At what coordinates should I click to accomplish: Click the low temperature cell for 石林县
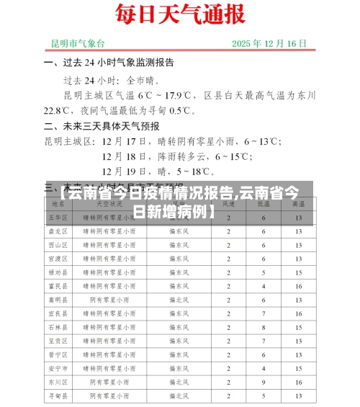[264, 327]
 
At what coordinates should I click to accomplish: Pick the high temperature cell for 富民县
[297, 286]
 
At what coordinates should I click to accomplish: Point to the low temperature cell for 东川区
[264, 382]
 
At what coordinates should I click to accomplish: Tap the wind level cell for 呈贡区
[228, 341]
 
